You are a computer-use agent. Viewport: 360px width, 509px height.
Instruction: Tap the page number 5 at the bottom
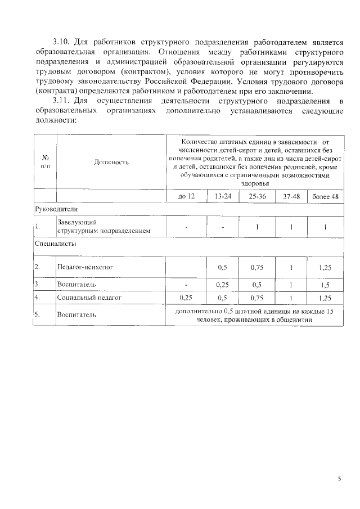(x=339, y=479)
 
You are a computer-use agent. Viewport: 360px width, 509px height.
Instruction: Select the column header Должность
(x=111, y=163)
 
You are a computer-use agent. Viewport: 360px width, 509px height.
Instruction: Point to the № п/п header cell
(x=46, y=163)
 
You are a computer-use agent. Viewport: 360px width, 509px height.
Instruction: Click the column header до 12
(x=186, y=196)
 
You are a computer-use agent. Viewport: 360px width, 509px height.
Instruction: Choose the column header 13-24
(x=223, y=196)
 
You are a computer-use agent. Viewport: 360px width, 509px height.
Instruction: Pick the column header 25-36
(x=257, y=196)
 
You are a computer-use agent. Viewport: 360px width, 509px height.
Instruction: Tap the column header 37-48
(x=291, y=196)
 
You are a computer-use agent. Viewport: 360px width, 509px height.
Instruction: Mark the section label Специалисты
(x=56, y=244)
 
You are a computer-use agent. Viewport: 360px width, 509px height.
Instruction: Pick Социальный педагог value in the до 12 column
(x=186, y=298)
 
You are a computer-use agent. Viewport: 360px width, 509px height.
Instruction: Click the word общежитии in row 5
(x=294, y=320)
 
